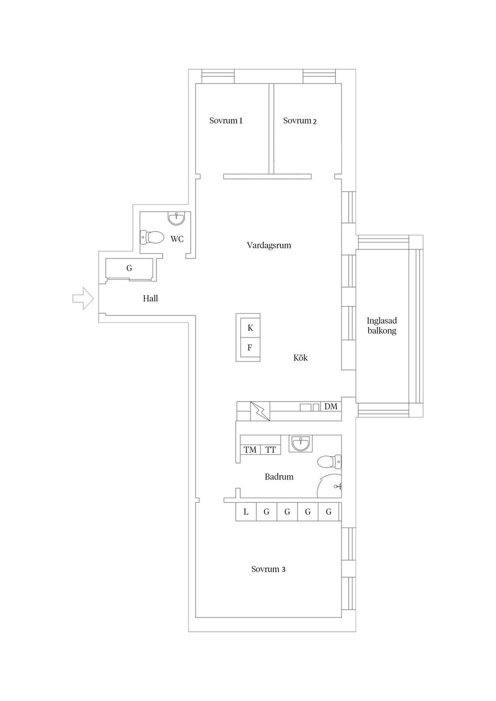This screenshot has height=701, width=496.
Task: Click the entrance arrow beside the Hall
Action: pos(83,298)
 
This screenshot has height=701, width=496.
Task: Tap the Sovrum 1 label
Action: pos(226,120)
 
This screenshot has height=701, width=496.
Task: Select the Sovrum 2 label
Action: pos(300,120)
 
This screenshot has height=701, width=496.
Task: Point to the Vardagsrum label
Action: pos(269,245)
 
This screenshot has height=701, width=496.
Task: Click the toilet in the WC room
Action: pos(152,237)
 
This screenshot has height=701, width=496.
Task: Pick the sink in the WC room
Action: pos(177,218)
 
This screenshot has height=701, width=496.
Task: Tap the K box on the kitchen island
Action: pos(250,328)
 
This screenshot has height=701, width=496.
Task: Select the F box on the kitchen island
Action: pos(250,347)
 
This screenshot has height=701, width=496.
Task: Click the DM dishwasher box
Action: pos(331,407)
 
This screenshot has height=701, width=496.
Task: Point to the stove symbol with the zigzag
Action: pos(260,411)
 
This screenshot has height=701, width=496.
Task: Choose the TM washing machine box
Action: pos(250,450)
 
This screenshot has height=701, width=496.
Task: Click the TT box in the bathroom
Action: pos(271,450)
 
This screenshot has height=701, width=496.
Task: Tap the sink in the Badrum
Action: pos(301,443)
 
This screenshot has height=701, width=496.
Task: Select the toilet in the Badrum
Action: pos(329,461)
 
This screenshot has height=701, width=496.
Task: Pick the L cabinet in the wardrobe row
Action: pos(246,512)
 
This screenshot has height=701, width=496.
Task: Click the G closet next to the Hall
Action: pos(129,268)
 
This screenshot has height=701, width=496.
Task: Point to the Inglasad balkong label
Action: pos(382,325)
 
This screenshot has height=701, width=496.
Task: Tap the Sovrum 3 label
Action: pos(268,569)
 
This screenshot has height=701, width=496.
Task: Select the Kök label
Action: pos(300,358)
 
